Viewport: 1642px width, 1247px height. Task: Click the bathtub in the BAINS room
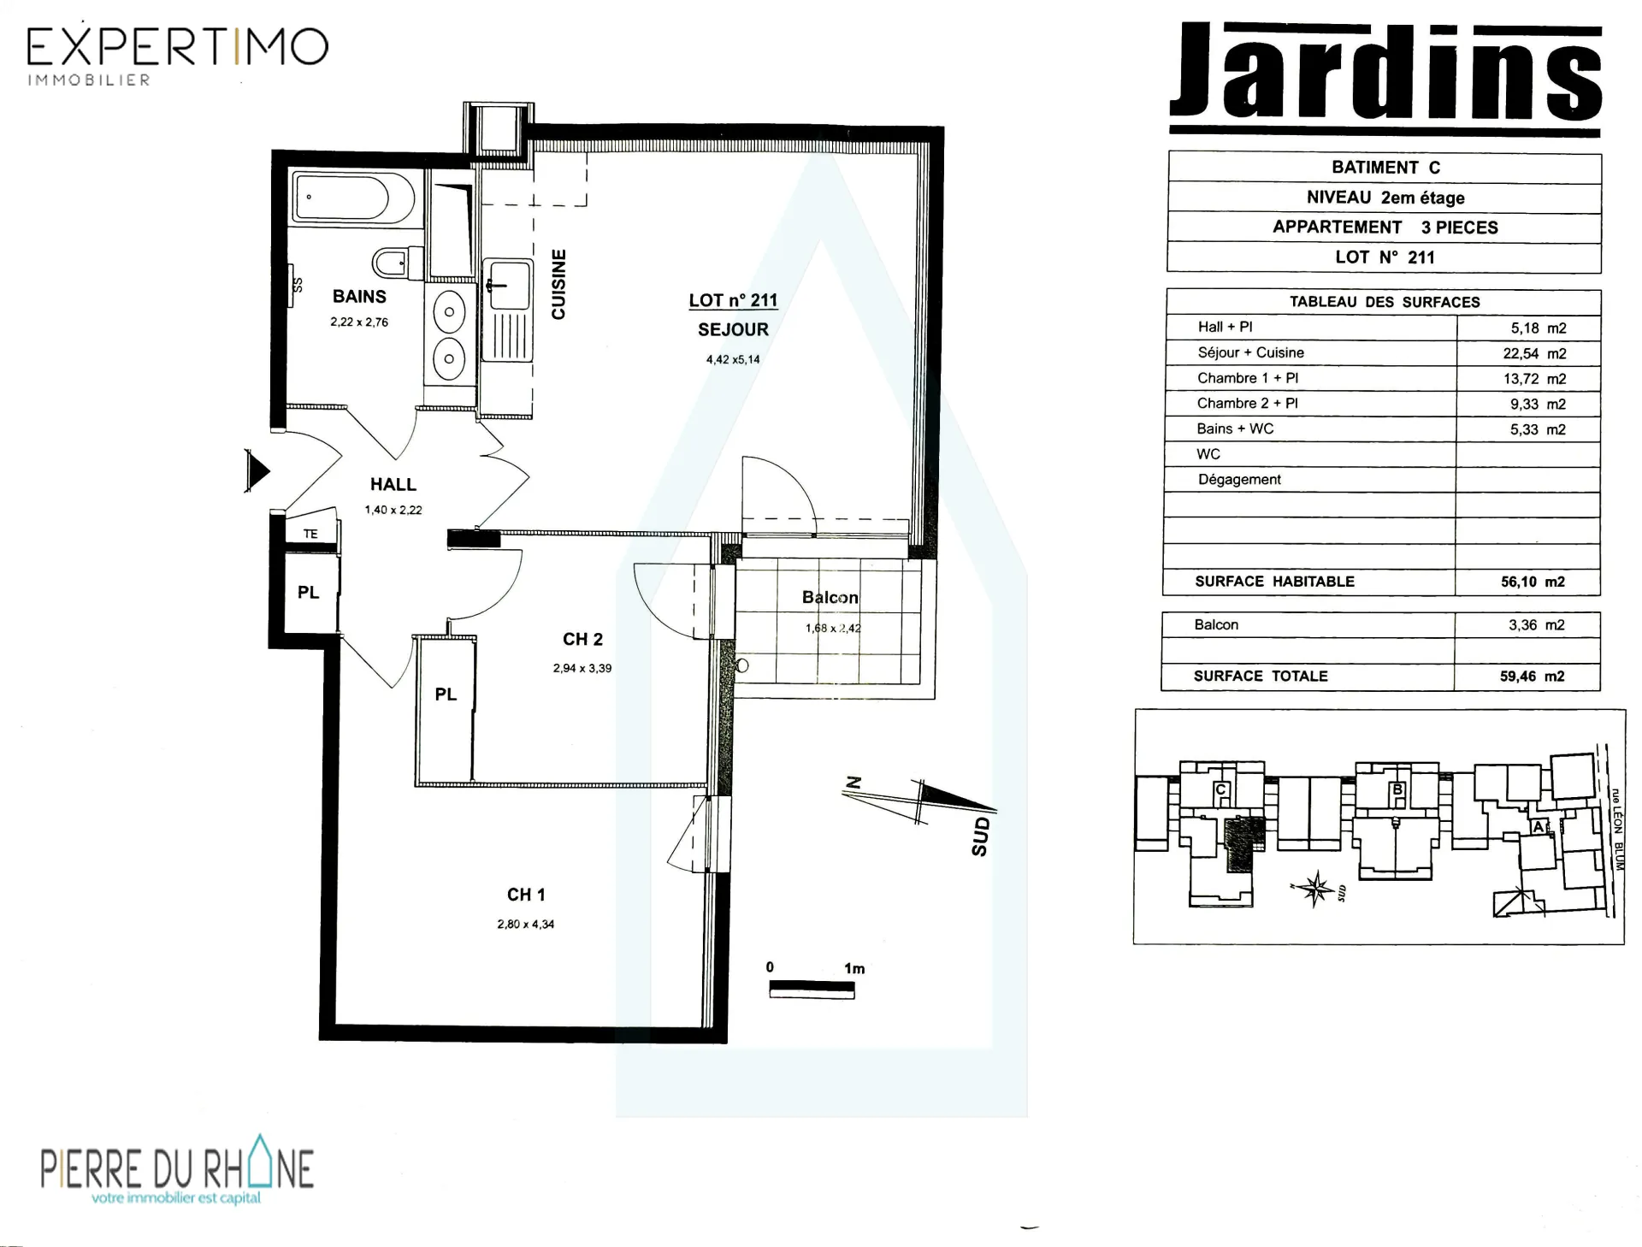[353, 198]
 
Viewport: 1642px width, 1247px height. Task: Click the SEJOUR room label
[733, 329]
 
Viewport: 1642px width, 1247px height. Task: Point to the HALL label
[393, 484]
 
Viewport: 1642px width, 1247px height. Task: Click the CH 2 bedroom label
[582, 639]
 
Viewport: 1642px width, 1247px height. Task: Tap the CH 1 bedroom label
[526, 895]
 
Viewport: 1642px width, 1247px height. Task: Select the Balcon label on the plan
[830, 597]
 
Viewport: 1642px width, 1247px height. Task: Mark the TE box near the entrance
[310, 534]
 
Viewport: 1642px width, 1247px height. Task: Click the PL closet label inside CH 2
[446, 694]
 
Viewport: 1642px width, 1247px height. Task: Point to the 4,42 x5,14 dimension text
[733, 359]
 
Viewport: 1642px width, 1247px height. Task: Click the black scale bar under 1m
[812, 989]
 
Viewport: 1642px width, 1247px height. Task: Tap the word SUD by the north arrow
[981, 836]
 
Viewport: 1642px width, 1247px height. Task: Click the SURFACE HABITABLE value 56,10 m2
[1533, 582]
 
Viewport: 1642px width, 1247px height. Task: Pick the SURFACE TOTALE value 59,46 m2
[1532, 676]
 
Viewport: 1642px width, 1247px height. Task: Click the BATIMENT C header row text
[1385, 168]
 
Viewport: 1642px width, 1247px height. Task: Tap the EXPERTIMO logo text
[178, 47]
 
